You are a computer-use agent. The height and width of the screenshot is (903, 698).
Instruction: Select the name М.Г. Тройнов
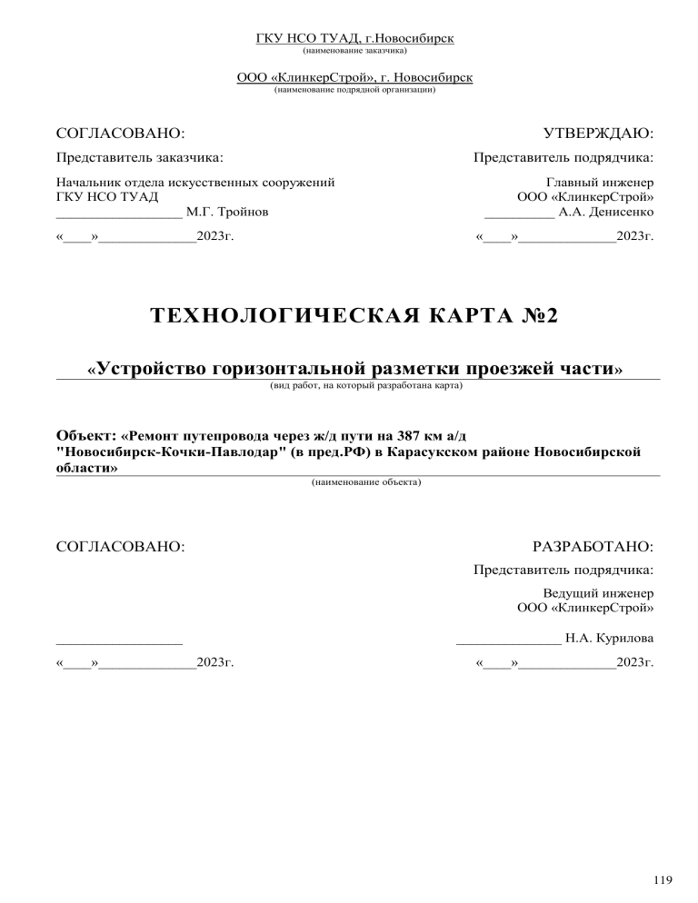(227, 213)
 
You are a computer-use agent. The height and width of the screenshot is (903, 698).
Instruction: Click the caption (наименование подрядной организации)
(354, 90)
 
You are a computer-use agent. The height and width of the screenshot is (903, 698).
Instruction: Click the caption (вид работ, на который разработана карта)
(365, 386)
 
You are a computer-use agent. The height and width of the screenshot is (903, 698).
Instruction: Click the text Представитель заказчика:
(140, 157)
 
